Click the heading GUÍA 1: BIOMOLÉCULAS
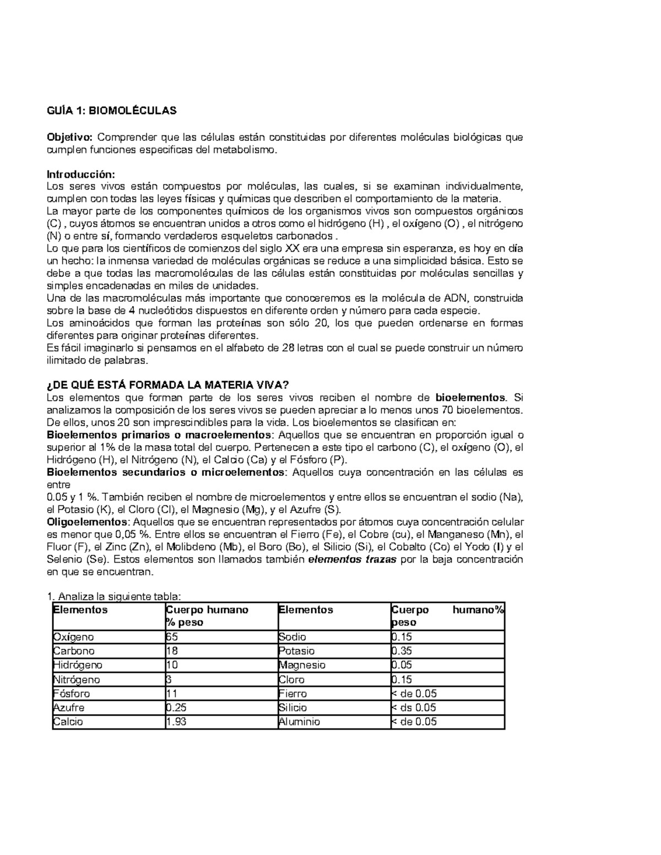tap(112, 111)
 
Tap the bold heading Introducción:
tap(81, 175)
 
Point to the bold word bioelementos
tap(470, 397)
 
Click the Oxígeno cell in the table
tap(73, 637)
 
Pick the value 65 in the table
tap(172, 637)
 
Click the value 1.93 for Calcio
tap(176, 722)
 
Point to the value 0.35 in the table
tap(402, 651)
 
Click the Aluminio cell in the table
tap(299, 722)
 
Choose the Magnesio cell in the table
tap(302, 665)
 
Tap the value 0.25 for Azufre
tap(176, 707)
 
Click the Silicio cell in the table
tap(293, 707)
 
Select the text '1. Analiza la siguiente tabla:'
tap(113, 597)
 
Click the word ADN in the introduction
tap(454, 298)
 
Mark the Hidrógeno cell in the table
tap(78, 665)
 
